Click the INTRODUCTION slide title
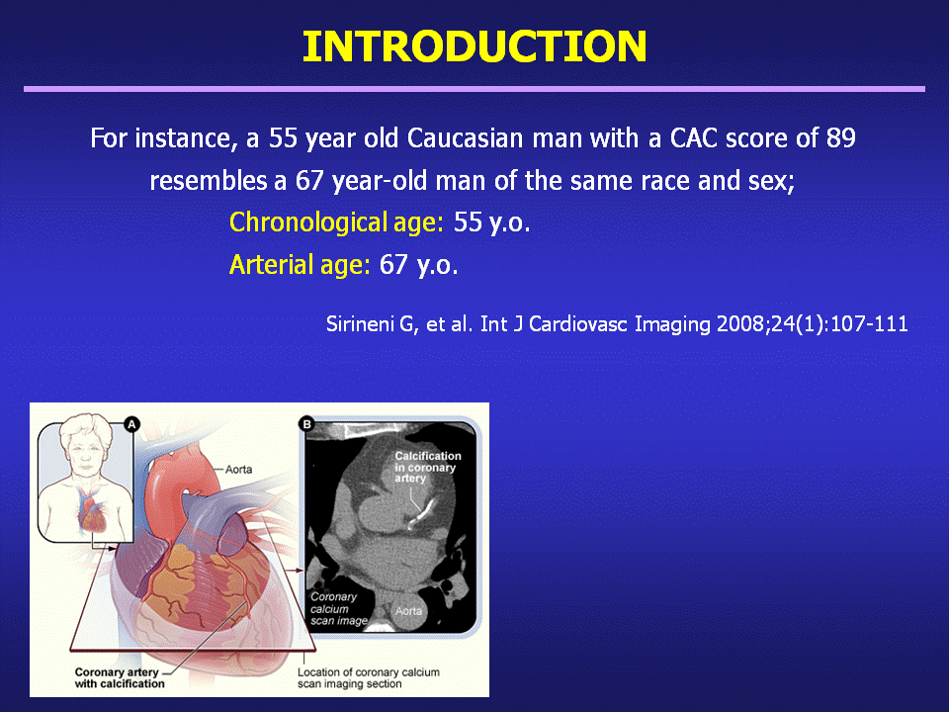[474, 46]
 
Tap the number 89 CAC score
[840, 138]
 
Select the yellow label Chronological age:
[336, 222]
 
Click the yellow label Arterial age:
[300, 265]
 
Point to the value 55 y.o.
[491, 222]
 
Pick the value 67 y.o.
[418, 265]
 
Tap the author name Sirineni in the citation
[362, 324]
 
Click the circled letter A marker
[131, 424]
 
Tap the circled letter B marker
[306, 424]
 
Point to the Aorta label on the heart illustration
[238, 469]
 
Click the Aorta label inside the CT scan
[408, 611]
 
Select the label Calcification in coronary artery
[428, 467]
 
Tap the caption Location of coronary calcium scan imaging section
[368, 678]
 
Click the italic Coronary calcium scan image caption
[338, 608]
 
